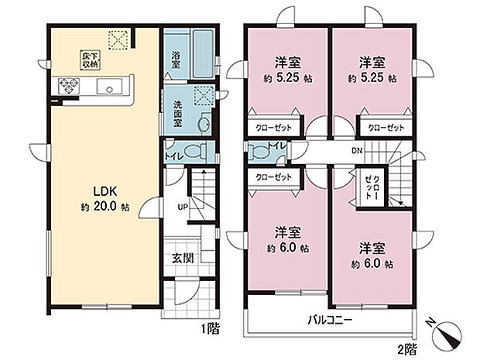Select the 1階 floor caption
[210, 328]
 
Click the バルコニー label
[331, 319]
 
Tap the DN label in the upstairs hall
[356, 151]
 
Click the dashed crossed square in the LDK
[118, 39]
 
